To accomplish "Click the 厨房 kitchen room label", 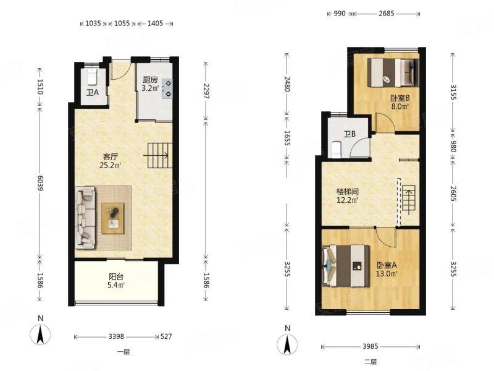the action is (x=150, y=80).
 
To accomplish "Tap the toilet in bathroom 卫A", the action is (x=92, y=77).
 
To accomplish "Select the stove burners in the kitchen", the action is (x=168, y=88).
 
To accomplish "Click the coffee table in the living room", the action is (x=113, y=218).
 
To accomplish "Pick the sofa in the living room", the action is (x=85, y=217).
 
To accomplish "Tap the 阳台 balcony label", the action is (x=116, y=277).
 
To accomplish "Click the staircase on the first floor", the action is (x=160, y=156).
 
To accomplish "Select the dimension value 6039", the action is (x=40, y=182).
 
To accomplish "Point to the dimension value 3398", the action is (x=116, y=336).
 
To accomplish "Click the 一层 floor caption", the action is (x=124, y=352).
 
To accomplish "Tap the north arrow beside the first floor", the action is (x=40, y=335).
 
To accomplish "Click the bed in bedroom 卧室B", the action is (x=393, y=72).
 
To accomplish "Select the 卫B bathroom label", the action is (x=350, y=134).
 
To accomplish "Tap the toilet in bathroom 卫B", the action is (x=337, y=150).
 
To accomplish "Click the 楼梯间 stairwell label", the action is (x=348, y=192).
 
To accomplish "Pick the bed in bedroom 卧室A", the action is (x=346, y=266).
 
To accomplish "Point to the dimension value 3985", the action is (x=370, y=346).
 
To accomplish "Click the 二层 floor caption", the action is (x=370, y=362).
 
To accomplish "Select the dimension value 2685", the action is (x=387, y=14).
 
